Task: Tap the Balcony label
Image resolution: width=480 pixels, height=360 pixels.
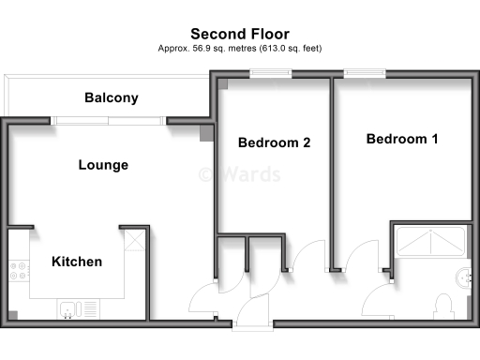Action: click(x=111, y=97)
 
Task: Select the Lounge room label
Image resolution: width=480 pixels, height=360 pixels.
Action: click(x=102, y=165)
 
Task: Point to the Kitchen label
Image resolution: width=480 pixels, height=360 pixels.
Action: click(x=76, y=262)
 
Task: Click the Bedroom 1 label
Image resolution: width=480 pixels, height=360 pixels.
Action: click(x=401, y=140)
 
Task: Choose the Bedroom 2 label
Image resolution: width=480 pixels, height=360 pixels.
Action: click(x=274, y=143)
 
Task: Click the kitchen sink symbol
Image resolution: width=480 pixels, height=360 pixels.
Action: click(x=71, y=308)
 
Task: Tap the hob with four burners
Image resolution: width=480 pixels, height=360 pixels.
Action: click(x=18, y=274)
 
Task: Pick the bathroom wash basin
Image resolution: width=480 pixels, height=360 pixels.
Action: click(x=463, y=277)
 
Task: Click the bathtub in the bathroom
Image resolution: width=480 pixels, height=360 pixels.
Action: click(x=430, y=243)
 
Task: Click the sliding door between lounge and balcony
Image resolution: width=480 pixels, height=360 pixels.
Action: click(x=110, y=119)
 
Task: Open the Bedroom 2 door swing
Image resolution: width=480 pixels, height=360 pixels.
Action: click(x=305, y=258)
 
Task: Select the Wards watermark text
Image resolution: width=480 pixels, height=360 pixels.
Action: click(x=228, y=173)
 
